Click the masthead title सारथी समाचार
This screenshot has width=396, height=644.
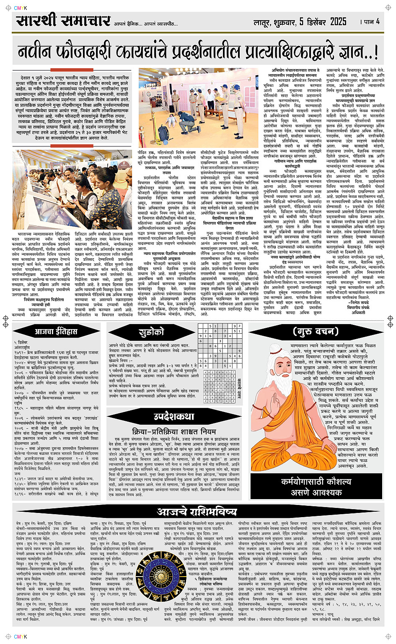(63, 21)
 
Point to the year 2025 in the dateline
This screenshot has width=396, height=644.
(338, 22)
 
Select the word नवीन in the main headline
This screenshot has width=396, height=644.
(38, 52)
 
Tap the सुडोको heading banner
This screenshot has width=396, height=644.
(151, 332)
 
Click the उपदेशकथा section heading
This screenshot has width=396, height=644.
(174, 416)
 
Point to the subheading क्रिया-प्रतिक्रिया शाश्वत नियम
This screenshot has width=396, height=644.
(174, 431)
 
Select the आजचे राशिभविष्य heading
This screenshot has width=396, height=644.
(197, 512)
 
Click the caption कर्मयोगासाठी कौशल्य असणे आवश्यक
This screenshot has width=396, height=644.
(316, 487)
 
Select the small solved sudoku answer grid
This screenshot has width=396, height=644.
(219, 387)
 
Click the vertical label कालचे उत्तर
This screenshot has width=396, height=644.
(239, 387)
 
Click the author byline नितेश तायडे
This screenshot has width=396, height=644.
(359, 302)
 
